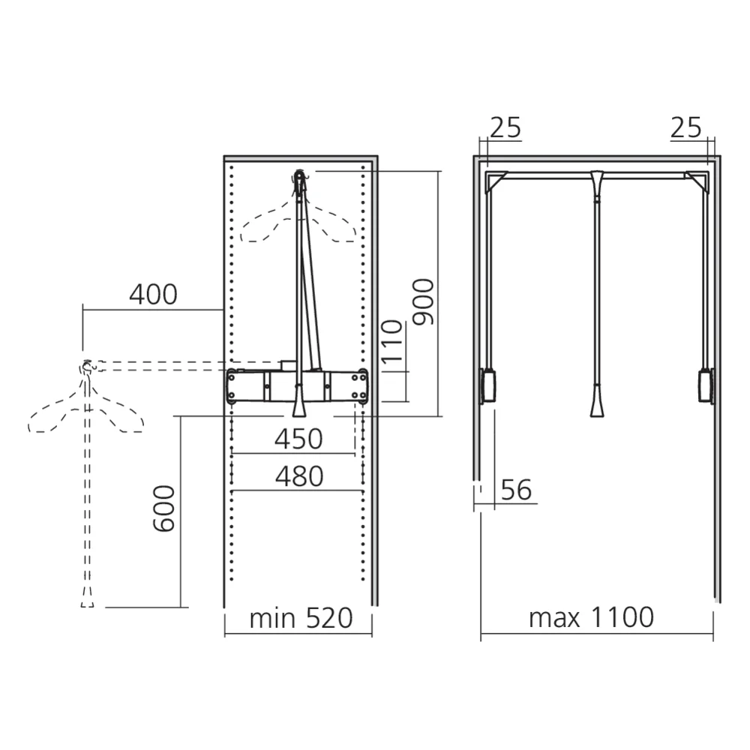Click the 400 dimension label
[153, 295]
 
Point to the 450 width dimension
[298, 439]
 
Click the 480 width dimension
[298, 476]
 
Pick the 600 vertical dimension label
[163, 508]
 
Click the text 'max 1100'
[591, 618]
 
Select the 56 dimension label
[515, 490]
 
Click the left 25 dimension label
[505, 128]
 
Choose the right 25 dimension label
[685, 128]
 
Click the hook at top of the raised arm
[300, 178]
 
